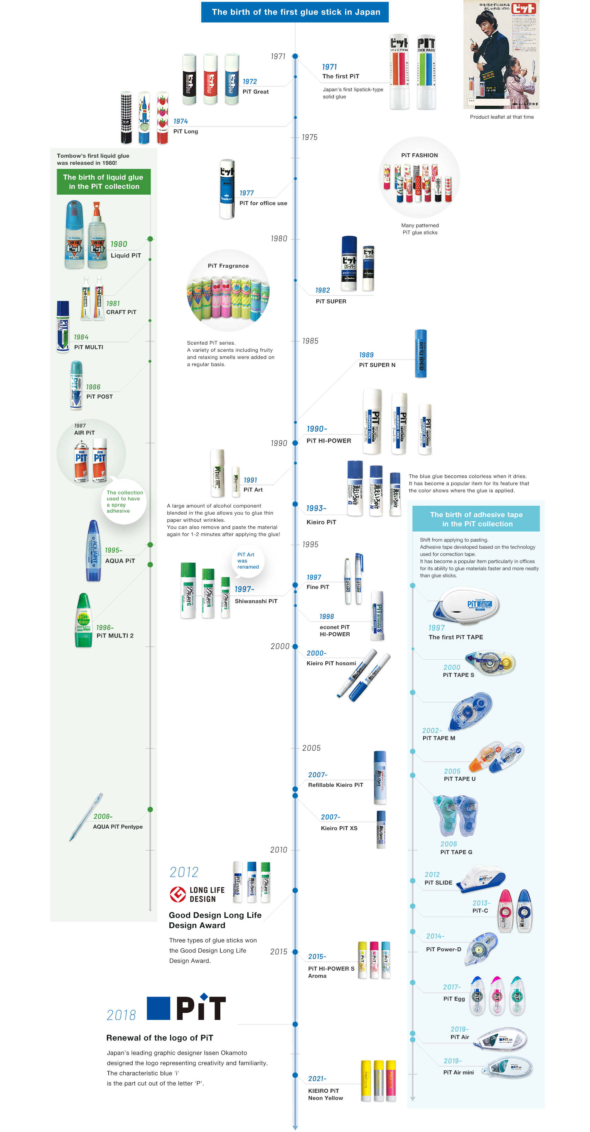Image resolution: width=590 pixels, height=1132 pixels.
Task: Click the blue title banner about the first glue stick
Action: coord(295,12)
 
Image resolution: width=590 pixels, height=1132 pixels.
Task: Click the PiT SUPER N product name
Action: coord(377,365)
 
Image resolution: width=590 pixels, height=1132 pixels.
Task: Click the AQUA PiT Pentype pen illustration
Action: coord(86,817)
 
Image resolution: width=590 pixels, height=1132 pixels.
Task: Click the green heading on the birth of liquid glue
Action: coord(103,182)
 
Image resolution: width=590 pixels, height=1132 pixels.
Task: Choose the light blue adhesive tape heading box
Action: coord(476,519)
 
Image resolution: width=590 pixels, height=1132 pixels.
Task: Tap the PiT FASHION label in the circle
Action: coord(419,155)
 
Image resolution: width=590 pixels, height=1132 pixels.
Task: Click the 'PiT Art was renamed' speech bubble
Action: coord(248,561)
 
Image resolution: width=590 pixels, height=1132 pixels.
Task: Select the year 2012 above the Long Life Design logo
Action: coord(184,872)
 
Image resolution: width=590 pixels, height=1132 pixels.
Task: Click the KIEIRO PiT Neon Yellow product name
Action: coord(325,1094)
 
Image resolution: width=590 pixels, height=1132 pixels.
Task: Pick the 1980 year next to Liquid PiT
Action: coord(119,244)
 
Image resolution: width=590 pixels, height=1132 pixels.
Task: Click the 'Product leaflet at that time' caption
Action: coord(502,117)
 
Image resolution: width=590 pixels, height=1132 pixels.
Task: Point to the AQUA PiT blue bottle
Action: coord(93,551)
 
